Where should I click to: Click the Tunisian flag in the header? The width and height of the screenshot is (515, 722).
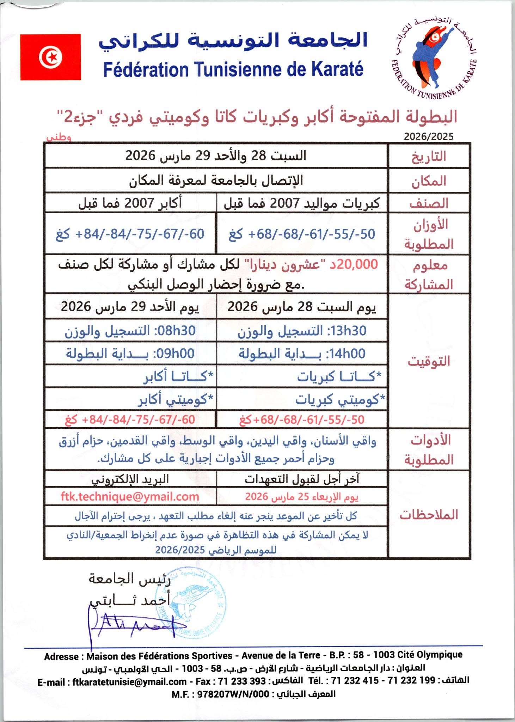(50, 57)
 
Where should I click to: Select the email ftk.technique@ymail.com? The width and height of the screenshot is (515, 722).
(130, 497)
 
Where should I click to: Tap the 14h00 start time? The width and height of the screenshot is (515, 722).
(347, 354)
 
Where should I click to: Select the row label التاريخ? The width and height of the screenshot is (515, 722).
(429, 156)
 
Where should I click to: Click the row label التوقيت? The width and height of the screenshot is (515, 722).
(429, 361)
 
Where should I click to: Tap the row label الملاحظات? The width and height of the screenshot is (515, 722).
(429, 515)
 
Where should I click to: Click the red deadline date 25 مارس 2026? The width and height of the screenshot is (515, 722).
(302, 497)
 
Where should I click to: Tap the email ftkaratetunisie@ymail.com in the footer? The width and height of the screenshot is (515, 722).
(129, 681)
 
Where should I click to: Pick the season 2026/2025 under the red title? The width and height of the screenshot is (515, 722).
(429, 136)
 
